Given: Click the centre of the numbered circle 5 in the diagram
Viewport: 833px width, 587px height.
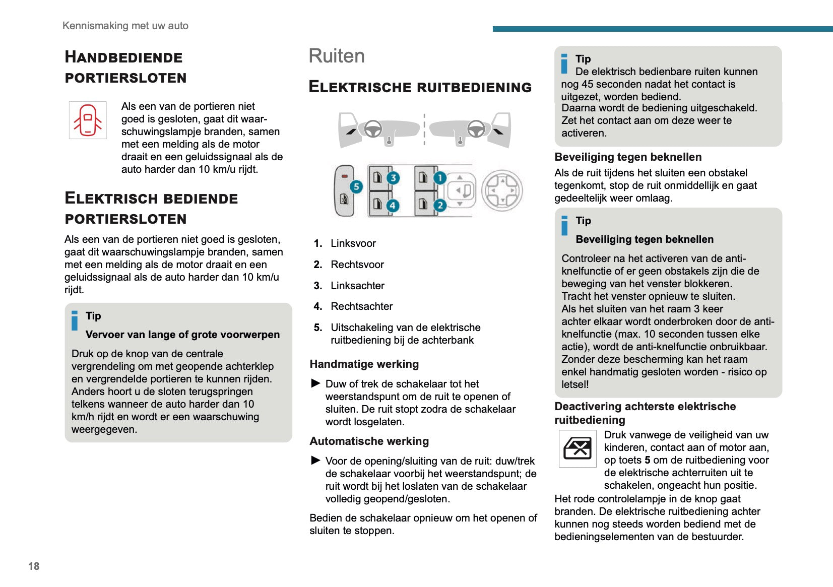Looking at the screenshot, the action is pos(356,186).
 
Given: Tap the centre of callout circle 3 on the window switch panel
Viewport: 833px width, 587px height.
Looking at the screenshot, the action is pos(393,178).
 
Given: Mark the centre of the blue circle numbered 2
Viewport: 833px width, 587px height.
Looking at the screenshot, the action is pos(440,205).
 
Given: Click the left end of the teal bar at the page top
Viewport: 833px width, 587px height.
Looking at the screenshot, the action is pos(493,29).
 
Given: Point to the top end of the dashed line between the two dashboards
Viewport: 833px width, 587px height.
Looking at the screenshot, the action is pos(424,114).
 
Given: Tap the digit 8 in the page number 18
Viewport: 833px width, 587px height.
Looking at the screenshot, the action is pos(36,566).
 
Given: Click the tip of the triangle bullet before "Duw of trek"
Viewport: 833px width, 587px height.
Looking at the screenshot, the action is pos(321,383).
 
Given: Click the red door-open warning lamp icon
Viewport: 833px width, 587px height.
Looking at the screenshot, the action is pos(88,120).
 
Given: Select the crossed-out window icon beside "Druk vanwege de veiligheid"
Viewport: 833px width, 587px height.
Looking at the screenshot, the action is pos(578,448).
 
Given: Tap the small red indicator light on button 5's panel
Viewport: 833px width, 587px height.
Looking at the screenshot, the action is pos(344,176).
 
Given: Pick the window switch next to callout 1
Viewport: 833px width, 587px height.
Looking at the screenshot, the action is pos(423,177).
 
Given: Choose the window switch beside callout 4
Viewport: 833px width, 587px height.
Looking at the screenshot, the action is pos(378,204).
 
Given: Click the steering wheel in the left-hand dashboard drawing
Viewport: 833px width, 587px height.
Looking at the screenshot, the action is pos(372,129).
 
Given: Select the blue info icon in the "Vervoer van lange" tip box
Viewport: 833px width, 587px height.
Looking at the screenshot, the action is pos(75,320).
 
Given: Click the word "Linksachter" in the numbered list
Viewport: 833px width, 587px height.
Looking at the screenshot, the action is pos(357,286).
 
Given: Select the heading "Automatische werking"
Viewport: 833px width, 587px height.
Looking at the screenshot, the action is pos(369,441).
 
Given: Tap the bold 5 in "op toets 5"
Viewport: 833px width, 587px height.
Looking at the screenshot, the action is pos(648,460).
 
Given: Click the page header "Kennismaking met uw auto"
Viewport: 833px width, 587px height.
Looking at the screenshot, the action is pos(125,26).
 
